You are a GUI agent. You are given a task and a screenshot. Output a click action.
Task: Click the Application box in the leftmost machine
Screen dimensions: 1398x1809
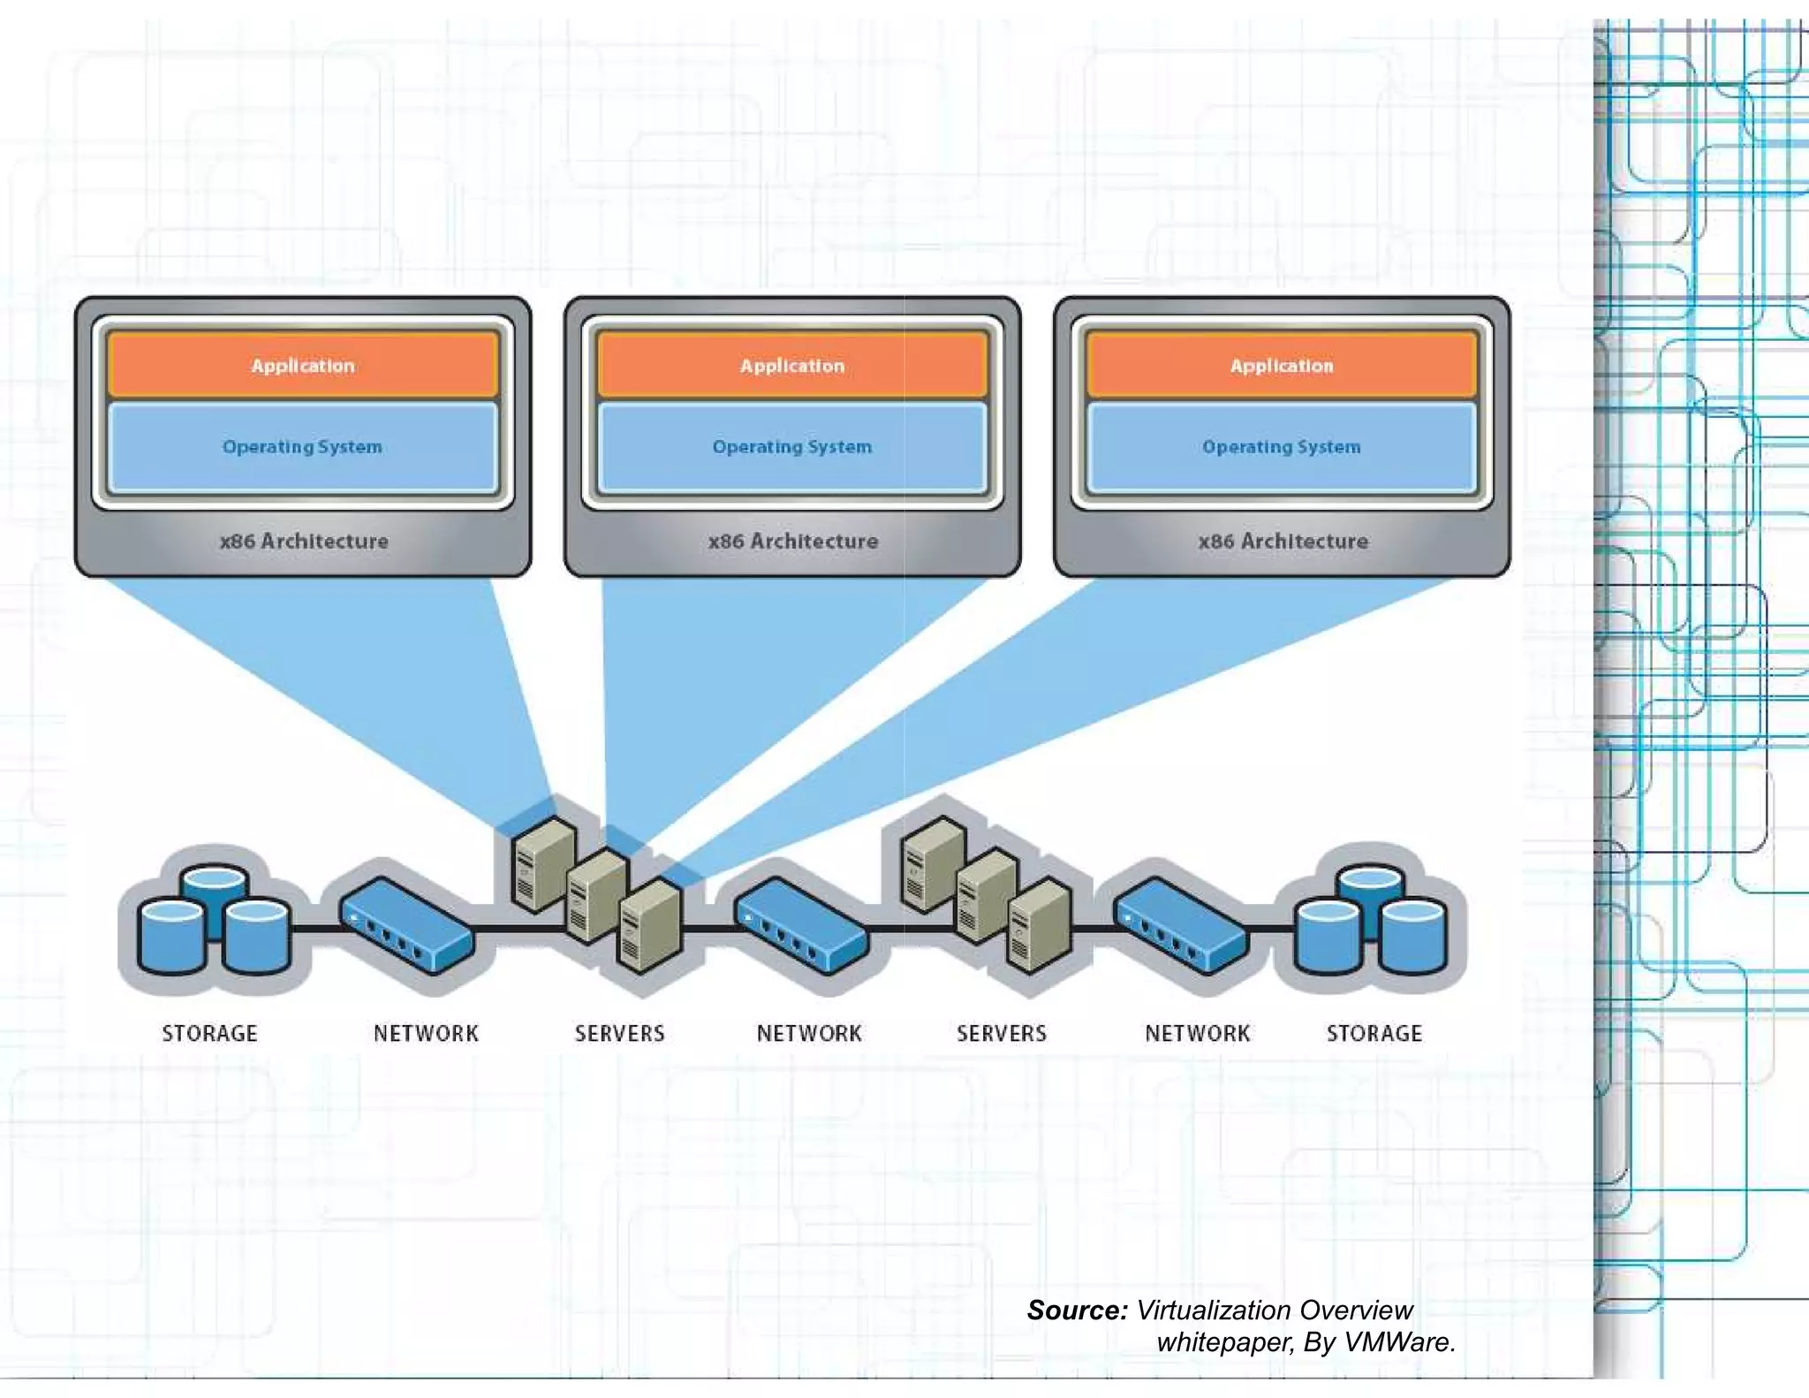303,365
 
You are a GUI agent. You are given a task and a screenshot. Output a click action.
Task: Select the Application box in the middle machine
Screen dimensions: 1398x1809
792,365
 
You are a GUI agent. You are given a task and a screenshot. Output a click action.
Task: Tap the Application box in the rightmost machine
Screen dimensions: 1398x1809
1282,365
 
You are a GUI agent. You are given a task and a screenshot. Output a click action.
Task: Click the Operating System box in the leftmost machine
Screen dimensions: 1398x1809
303,447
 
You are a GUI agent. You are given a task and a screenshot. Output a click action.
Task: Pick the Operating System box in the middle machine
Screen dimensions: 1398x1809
792,447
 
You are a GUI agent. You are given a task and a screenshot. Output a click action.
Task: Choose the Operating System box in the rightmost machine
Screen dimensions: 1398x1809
1282,447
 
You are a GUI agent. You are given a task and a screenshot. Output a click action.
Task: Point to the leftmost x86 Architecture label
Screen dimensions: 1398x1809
304,541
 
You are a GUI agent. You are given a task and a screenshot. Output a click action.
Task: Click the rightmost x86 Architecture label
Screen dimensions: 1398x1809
1283,541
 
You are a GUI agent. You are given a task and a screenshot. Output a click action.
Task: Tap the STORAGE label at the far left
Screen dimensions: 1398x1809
209,1033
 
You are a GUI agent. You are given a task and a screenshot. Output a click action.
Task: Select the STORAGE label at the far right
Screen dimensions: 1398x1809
1374,1033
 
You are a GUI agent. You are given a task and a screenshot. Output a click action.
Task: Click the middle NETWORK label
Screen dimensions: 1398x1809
809,1033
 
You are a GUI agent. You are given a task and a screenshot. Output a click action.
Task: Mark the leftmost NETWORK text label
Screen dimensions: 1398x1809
426,1033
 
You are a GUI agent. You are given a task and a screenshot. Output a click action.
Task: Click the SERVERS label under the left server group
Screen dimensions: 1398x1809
619,1033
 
